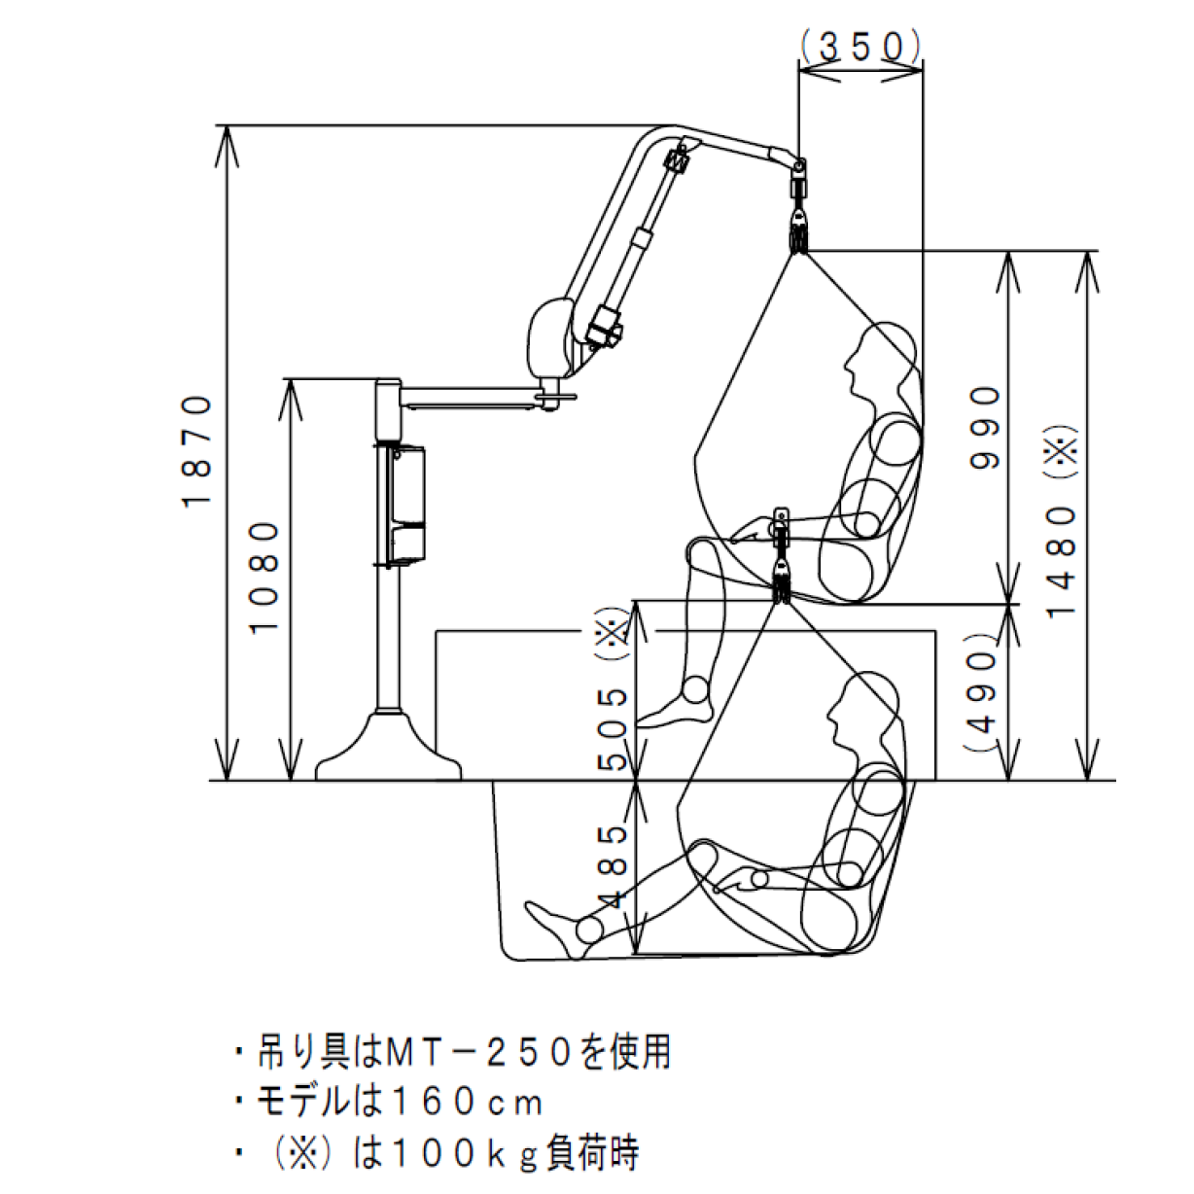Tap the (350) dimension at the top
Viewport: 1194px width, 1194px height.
click(x=860, y=46)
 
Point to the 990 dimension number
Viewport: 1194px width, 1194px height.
click(x=986, y=427)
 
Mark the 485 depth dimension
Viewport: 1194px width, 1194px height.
click(x=614, y=865)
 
